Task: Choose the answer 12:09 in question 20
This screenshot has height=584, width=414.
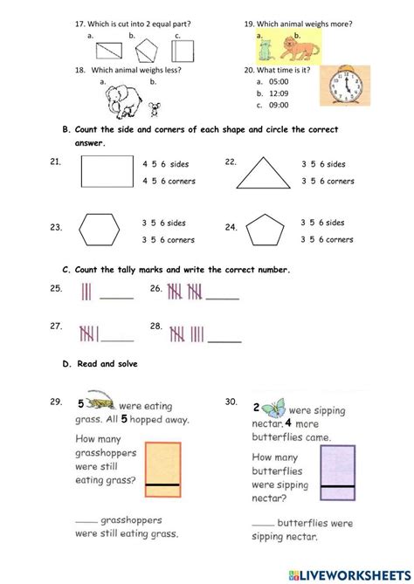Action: coord(277,93)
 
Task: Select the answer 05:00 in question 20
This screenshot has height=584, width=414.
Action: coord(277,80)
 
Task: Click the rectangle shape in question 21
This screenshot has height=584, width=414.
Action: coord(105,172)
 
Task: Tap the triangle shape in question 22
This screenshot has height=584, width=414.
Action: coord(263,173)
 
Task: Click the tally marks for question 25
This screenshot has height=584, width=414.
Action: coord(86,292)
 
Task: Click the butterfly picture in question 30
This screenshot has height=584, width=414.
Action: coord(276,406)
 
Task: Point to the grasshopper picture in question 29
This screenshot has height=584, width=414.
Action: coord(100,404)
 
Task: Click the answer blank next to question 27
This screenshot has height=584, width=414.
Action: coord(118,339)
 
